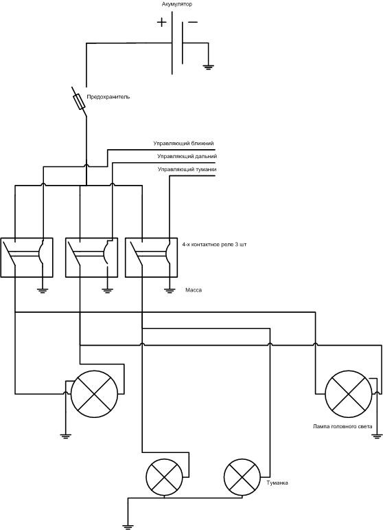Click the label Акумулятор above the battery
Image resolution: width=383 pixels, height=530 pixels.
pos(177,4)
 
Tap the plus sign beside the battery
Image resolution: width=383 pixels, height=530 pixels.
pos(161,23)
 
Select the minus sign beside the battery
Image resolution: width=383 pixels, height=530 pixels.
pos(193,22)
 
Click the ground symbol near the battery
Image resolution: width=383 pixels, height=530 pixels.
pos(208,67)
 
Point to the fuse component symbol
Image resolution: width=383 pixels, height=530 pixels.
pos(80,102)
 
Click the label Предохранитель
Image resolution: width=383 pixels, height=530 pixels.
pos(108,97)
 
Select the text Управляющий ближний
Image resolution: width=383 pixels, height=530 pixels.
pos(183,143)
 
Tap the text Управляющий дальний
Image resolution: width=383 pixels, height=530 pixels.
pos(187,157)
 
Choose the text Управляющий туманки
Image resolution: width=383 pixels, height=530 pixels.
pos(187,169)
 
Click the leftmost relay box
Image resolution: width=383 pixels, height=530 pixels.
pos(27,258)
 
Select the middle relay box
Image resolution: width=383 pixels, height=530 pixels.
pos(91,258)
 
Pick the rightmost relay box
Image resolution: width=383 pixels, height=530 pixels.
pos(151,258)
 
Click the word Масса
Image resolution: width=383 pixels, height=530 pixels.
pos(194,290)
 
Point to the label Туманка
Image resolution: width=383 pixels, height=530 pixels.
pos(277,483)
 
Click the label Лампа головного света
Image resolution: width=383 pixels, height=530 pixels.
pos(343,426)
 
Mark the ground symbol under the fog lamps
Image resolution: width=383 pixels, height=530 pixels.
pos(128,526)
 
